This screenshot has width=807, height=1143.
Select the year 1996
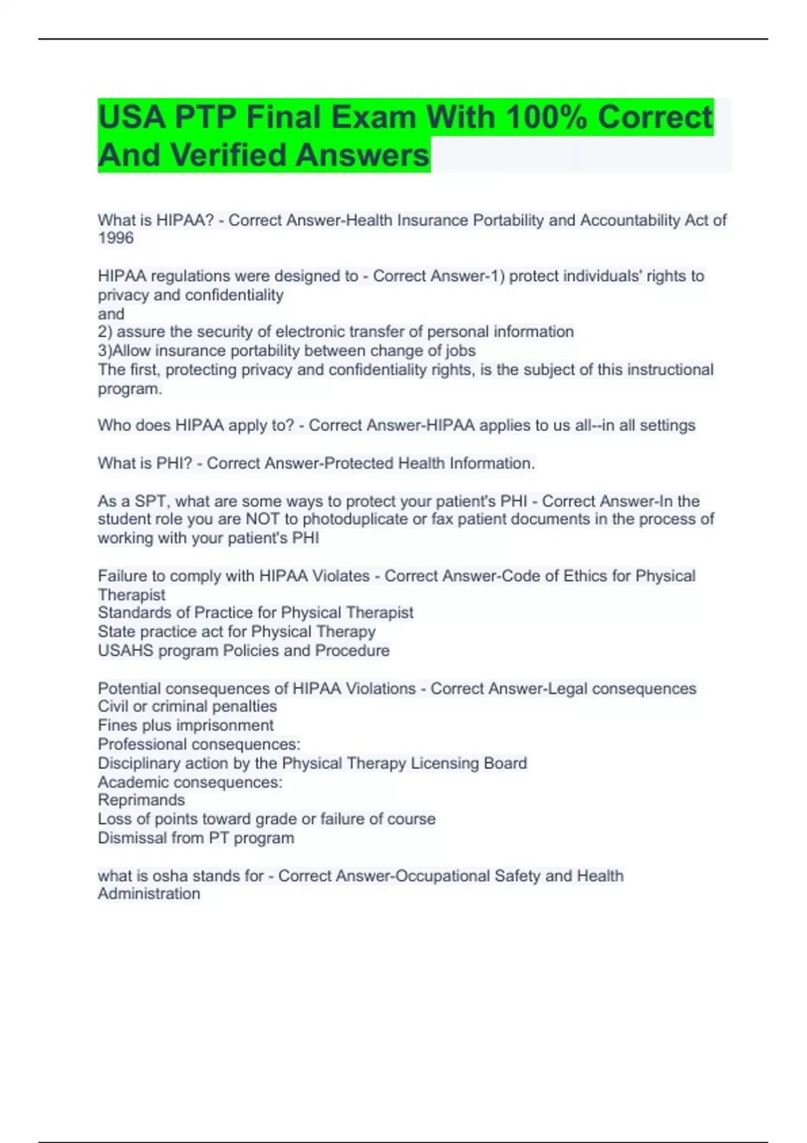[x=116, y=238]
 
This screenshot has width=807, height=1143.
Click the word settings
[x=667, y=425]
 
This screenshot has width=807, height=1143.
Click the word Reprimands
[x=141, y=800]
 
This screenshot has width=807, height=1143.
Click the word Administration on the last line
[x=149, y=894]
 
